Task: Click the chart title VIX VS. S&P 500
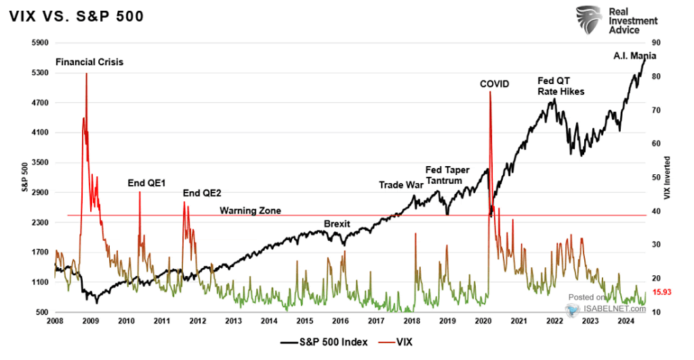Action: [x=76, y=16]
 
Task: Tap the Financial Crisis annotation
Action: [x=89, y=62]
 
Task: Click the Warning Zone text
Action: [x=250, y=211]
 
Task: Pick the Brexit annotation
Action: [x=337, y=223]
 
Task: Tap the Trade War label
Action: [x=400, y=184]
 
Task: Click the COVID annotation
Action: [x=493, y=84]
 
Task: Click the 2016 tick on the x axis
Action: [x=341, y=321]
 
